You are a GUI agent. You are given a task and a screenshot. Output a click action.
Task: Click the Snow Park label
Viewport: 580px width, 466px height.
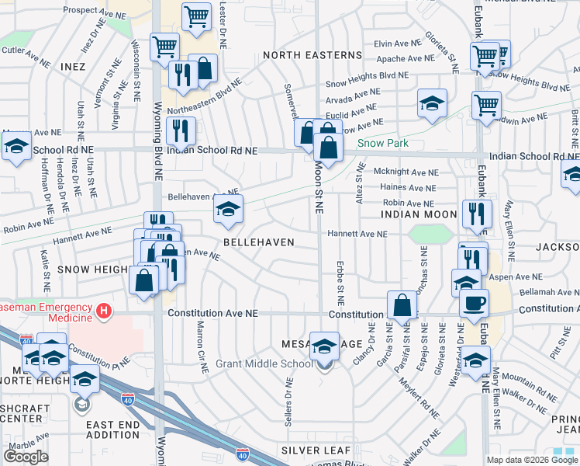[x=382, y=143]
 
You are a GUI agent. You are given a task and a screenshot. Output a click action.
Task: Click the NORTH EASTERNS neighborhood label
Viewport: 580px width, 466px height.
[x=312, y=55]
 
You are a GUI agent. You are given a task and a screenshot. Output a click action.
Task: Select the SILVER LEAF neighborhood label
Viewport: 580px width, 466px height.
[x=316, y=450]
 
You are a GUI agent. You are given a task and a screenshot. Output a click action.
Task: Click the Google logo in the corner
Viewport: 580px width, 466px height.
[x=26, y=456]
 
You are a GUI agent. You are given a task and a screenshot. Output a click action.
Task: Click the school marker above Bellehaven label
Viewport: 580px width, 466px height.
[x=228, y=209]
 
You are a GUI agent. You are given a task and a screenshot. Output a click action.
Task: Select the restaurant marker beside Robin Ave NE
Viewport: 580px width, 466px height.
[x=473, y=213]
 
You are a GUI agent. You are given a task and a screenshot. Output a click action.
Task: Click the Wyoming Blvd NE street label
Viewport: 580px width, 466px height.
[x=158, y=132]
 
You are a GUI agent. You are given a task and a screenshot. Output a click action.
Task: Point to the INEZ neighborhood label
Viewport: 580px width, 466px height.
[x=74, y=68]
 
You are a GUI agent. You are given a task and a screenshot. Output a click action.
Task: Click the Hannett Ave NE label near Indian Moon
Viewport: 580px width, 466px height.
[x=357, y=234]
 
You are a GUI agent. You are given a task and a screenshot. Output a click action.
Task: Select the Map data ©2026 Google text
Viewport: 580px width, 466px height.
[x=533, y=460]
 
